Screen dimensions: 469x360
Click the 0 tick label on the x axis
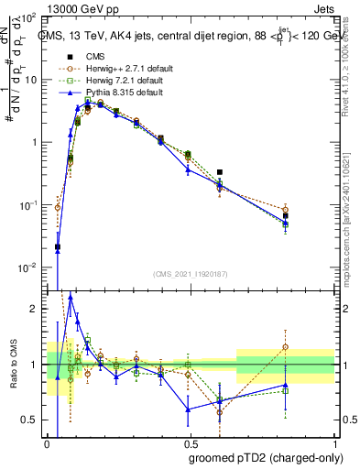47,443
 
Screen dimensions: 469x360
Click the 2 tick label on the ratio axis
35,309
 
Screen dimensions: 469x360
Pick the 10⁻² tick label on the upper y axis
29,267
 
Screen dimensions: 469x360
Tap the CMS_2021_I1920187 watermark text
190,273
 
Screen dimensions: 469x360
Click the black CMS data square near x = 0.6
220,171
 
